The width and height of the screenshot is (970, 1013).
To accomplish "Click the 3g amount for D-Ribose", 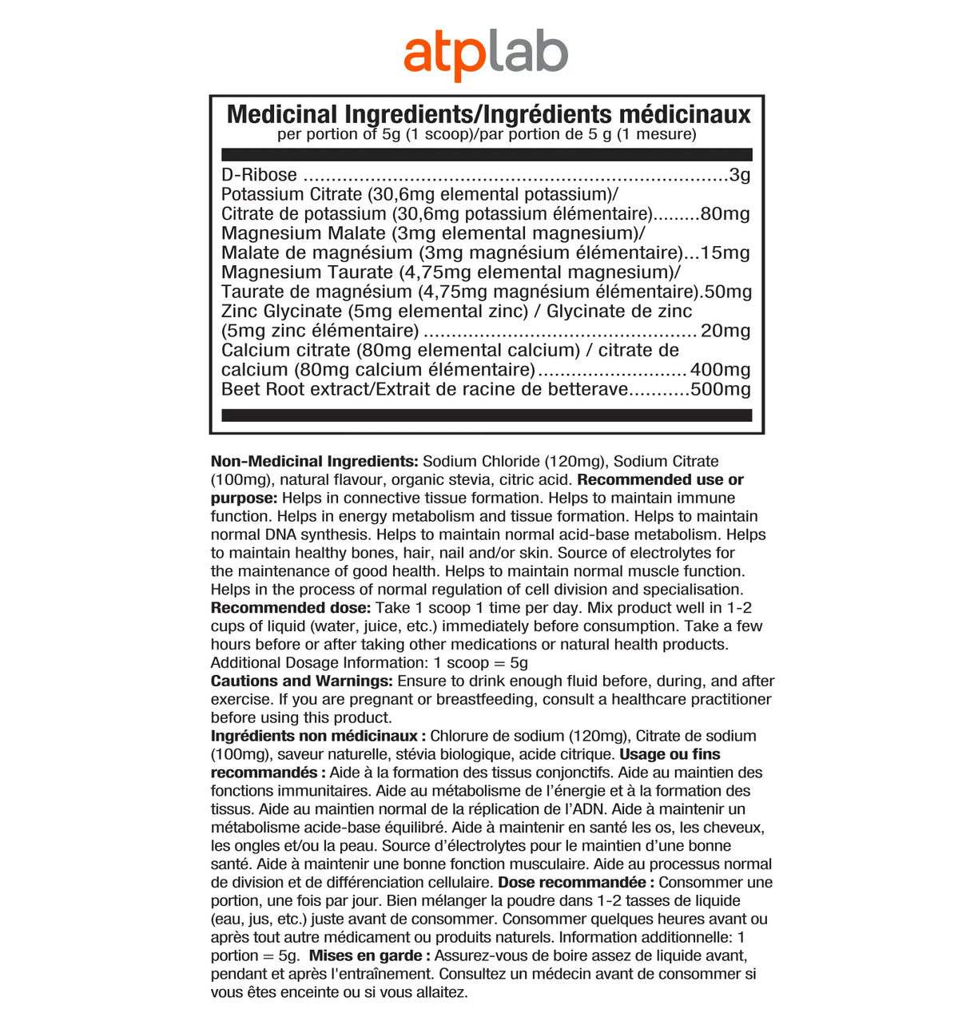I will click(740, 175).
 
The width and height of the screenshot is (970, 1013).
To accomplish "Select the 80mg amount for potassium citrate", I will click(725, 214).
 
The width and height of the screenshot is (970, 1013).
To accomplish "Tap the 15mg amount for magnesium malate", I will click(725, 253).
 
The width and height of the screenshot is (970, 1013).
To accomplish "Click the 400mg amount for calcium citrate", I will click(720, 370).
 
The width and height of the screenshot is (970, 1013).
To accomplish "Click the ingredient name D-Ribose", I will click(259, 175).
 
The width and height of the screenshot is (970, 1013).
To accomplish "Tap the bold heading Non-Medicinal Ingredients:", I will click(314, 461).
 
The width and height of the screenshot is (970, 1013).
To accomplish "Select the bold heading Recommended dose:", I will click(290, 608).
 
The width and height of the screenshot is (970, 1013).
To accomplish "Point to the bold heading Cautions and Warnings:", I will click(301, 681).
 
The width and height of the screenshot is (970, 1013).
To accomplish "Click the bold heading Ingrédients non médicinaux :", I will click(317, 736).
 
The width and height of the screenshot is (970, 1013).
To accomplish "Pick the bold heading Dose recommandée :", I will click(576, 883).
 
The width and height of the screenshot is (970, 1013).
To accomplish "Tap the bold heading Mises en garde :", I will click(370, 956).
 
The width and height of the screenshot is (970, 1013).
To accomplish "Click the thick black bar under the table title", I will click(487, 154).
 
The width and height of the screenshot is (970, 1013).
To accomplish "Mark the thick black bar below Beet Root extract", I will click(487, 415).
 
